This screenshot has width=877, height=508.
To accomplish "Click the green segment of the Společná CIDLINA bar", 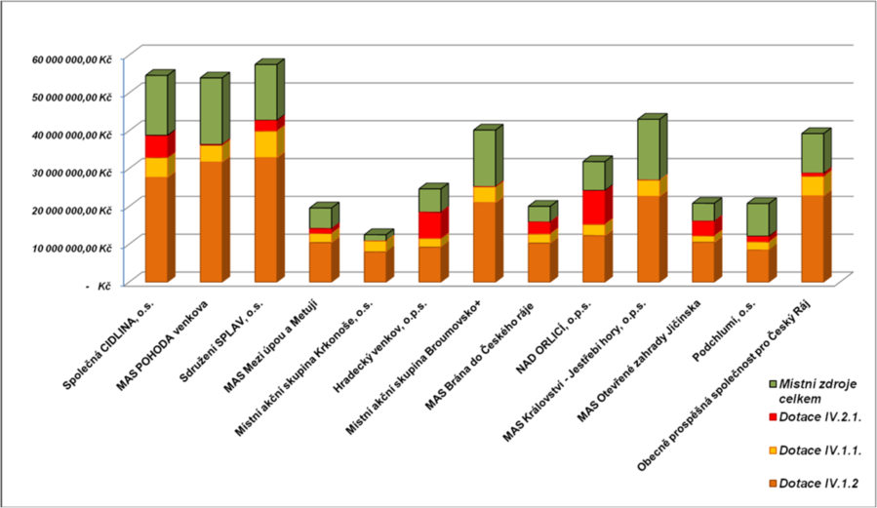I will (156, 105).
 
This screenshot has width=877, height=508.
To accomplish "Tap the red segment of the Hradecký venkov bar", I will (429, 224).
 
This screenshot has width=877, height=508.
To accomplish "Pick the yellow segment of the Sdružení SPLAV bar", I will (265, 143).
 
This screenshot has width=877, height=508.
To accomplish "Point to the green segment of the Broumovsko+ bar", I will (484, 158).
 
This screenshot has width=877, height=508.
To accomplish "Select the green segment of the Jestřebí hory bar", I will (648, 149).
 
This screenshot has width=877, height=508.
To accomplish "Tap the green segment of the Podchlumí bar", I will (757, 219).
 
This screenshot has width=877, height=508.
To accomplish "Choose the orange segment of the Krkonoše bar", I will (375, 266).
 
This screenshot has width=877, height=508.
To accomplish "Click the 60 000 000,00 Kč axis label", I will (71, 59).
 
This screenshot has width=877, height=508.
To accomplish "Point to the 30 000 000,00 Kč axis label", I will (71, 173).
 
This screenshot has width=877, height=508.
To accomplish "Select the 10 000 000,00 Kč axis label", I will (71, 248).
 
